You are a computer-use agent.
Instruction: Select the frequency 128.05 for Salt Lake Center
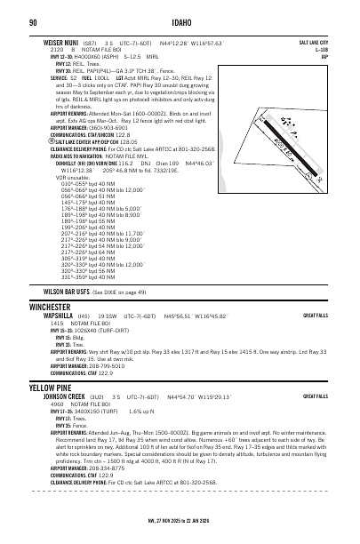pyautogui.click(x=105, y=140)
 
